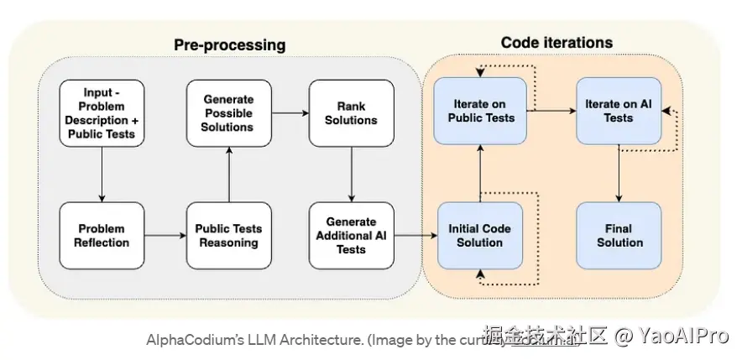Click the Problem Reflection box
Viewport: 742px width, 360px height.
point(102,236)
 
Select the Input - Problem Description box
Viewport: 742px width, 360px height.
point(102,112)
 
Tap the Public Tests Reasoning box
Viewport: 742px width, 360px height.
point(228,236)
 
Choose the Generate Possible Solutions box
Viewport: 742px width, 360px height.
point(228,112)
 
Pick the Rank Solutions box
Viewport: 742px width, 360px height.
point(351,112)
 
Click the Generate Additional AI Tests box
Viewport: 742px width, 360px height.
point(351,236)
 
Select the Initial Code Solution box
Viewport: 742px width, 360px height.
point(479,236)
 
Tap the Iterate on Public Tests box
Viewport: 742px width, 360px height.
point(479,111)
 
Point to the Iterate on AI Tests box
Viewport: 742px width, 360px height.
point(619,111)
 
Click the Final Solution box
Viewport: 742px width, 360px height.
point(619,236)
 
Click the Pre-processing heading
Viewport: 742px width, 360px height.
point(229,44)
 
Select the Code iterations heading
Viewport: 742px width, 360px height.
point(556,42)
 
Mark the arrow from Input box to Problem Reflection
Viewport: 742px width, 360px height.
point(102,174)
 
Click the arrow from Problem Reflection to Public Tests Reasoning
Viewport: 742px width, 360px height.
point(165,236)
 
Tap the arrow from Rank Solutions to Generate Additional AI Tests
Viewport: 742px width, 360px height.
point(351,174)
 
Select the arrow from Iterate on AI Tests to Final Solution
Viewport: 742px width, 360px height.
point(619,174)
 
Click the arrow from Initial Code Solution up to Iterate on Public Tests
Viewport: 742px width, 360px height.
point(479,174)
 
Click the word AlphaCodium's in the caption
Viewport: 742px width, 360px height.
point(186,340)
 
